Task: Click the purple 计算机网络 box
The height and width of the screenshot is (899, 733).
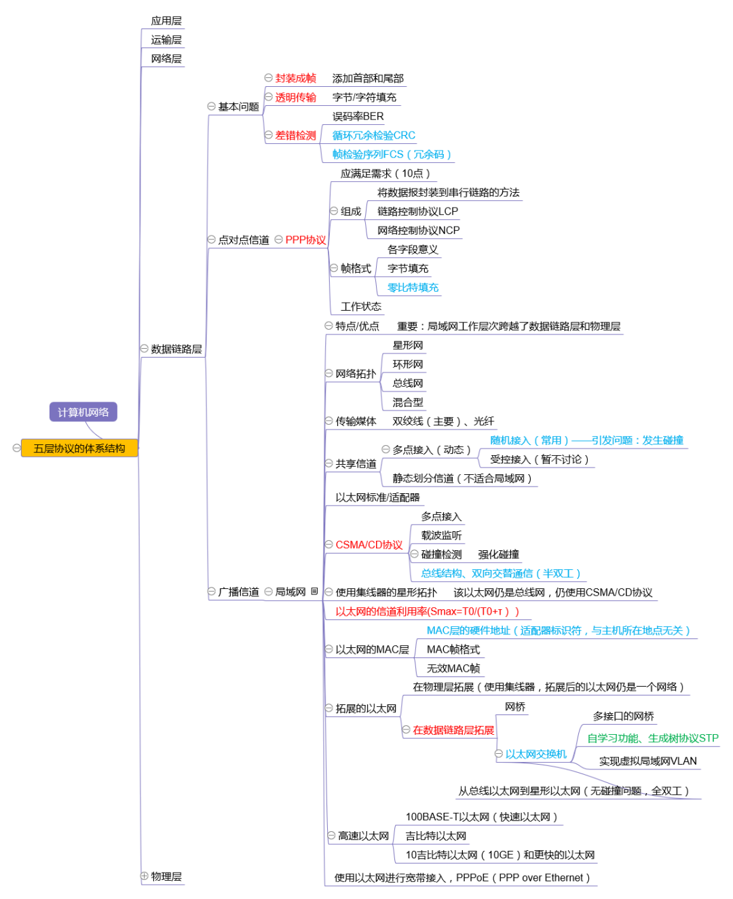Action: click(83, 412)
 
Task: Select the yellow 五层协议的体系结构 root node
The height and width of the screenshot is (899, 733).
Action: click(79, 448)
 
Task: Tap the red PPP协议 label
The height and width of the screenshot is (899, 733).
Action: click(305, 240)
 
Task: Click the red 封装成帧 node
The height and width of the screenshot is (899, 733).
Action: click(296, 78)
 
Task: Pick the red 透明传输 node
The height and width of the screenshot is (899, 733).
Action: click(296, 97)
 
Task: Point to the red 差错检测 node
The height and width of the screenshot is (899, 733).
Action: click(296, 135)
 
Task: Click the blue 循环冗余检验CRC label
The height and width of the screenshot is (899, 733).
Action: click(374, 135)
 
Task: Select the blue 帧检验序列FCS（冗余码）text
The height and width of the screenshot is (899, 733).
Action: click(392, 154)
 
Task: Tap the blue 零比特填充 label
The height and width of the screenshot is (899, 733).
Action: click(413, 287)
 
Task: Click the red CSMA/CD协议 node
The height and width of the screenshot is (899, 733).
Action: click(369, 545)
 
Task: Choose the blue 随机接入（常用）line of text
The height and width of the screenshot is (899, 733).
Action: click(587, 440)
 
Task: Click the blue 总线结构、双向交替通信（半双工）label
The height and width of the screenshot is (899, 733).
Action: click(501, 573)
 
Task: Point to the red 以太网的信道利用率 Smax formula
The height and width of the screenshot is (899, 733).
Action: click(428, 611)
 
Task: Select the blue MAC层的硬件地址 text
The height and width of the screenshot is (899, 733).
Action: click(558, 630)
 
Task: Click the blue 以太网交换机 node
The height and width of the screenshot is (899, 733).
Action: click(536, 754)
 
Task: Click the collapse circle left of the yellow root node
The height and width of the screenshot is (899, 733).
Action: click(16, 448)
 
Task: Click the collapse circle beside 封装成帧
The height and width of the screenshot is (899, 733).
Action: click(268, 78)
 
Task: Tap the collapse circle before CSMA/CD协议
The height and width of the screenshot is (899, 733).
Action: click(329, 545)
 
